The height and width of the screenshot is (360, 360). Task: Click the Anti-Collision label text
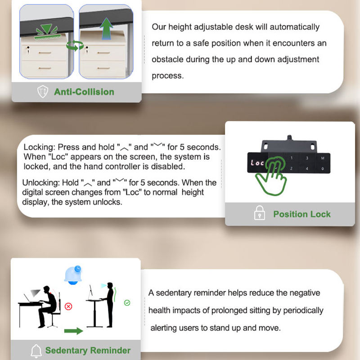pyautogui.click(x=84, y=92)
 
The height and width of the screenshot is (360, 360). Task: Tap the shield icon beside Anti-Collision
pyautogui.click(x=43, y=91)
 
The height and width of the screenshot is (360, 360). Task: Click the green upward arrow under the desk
pyautogui.click(x=106, y=28)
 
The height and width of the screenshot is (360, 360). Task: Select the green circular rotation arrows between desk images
pyautogui.click(x=75, y=45)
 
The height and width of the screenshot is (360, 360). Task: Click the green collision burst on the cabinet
pyautogui.click(x=48, y=31)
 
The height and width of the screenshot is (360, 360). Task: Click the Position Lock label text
pyautogui.click(x=301, y=214)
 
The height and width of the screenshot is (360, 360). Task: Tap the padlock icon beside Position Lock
pyautogui.click(x=260, y=213)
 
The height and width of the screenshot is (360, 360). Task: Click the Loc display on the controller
pyautogui.click(x=257, y=163)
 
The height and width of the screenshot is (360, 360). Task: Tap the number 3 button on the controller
pyautogui.click(x=307, y=158)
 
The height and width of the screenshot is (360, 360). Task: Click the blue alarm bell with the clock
pyautogui.click(x=73, y=275)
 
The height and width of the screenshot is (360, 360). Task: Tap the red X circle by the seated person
pyautogui.click(x=68, y=306)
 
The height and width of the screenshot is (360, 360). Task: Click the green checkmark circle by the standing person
pyautogui.click(x=127, y=303)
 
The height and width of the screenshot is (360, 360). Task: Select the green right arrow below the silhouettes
pyautogui.click(x=73, y=331)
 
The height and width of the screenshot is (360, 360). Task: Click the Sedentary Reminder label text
pyautogui.click(x=88, y=351)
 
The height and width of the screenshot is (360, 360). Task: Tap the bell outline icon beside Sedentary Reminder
pyautogui.click(x=36, y=351)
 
